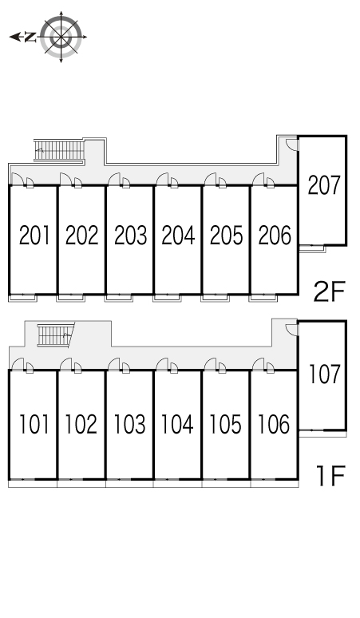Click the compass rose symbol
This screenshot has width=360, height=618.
click(x=61, y=37)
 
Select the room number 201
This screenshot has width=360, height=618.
click(x=34, y=236)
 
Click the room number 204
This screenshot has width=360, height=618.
click(x=178, y=236)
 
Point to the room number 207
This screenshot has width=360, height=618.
click(x=324, y=185)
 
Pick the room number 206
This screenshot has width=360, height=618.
click(x=275, y=236)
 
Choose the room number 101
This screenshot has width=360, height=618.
click(x=34, y=425)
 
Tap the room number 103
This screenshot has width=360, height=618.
click(x=129, y=425)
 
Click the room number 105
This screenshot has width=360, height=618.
click(x=225, y=425)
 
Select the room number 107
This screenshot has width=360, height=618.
click(x=324, y=374)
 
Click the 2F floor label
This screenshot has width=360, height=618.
click(x=329, y=291)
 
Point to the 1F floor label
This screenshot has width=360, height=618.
click(x=330, y=476)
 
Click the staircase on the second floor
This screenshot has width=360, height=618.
click(x=59, y=150)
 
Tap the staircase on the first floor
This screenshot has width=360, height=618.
click(x=56, y=335)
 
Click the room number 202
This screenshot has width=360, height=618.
click(x=81, y=236)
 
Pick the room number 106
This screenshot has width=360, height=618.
click(x=274, y=425)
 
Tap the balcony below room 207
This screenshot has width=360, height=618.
click(x=312, y=248)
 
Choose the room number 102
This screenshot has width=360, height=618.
click(x=81, y=425)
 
